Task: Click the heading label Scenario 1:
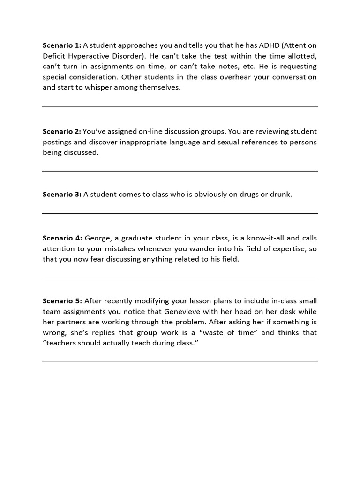[62, 45]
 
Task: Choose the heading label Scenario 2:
[62, 132]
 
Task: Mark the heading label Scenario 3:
[62, 195]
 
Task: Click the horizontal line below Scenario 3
[180, 214]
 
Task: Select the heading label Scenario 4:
[62, 239]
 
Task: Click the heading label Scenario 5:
[62, 301]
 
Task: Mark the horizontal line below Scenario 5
[180, 362]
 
